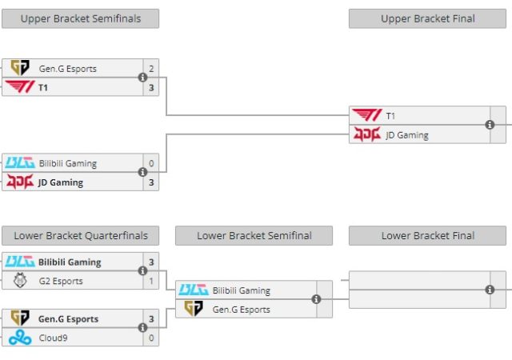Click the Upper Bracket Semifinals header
pyautogui.click(x=80, y=18)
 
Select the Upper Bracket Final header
pyautogui.click(x=427, y=18)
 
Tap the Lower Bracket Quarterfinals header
pyautogui.click(x=80, y=235)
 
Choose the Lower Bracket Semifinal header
pyautogui.click(x=254, y=235)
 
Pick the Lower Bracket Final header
pyautogui.click(x=427, y=235)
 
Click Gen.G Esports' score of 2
pyautogui.click(x=151, y=69)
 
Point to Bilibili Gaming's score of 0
pyautogui.click(x=151, y=164)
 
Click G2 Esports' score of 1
pyautogui.click(x=151, y=282)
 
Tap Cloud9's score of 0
pyautogui.click(x=151, y=338)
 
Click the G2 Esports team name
pyautogui.click(x=61, y=282)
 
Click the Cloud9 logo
pyautogui.click(x=19, y=338)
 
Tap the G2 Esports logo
pyautogui.click(x=19, y=282)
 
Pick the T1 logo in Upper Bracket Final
pyautogui.click(x=367, y=116)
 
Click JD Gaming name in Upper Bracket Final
pyautogui.click(x=407, y=135)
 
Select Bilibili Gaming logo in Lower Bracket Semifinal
pyautogui.click(x=193, y=290)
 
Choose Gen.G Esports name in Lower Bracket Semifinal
pyautogui.click(x=242, y=310)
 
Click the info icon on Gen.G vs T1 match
pyautogui.click(x=142, y=78)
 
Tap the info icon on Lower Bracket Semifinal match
pyautogui.click(x=316, y=299)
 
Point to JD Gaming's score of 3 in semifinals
pyautogui.click(x=151, y=182)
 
